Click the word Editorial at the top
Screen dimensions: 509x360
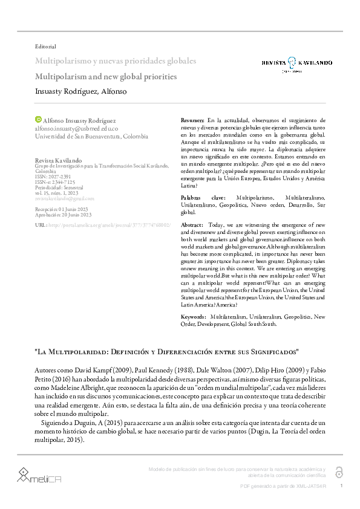[x=46, y=47]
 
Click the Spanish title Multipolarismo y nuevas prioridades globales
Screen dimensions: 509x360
[x=116, y=62]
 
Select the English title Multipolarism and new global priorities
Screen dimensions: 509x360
[x=106, y=77]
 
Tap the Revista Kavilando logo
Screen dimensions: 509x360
[x=296, y=62]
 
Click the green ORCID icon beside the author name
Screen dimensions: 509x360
[x=39, y=120]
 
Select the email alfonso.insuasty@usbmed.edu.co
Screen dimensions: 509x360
[x=77, y=128]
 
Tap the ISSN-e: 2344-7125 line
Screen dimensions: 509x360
[x=55, y=181]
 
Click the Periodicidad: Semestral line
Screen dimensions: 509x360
[x=61, y=187]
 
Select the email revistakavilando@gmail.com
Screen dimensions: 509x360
[x=65, y=198]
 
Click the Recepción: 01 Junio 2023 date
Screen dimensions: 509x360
[x=64, y=209]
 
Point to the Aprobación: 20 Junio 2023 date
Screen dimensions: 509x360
[x=64, y=214]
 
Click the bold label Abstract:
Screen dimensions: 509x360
[x=192, y=224]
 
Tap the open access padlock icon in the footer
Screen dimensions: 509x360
[x=338, y=472]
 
